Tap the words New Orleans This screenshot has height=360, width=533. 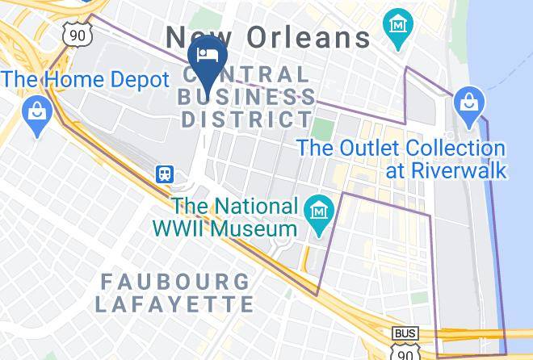[268, 36]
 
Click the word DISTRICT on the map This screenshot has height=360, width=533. [247, 119]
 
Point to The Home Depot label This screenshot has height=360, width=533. [85, 79]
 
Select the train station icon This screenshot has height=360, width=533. [166, 174]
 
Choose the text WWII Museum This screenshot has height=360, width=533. [225, 228]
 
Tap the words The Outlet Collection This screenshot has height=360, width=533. [401, 149]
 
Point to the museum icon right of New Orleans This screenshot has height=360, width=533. [397, 24]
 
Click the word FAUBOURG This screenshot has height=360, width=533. [175, 282]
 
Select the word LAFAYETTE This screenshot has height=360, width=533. [174, 303]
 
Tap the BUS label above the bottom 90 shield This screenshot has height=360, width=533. [405, 333]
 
